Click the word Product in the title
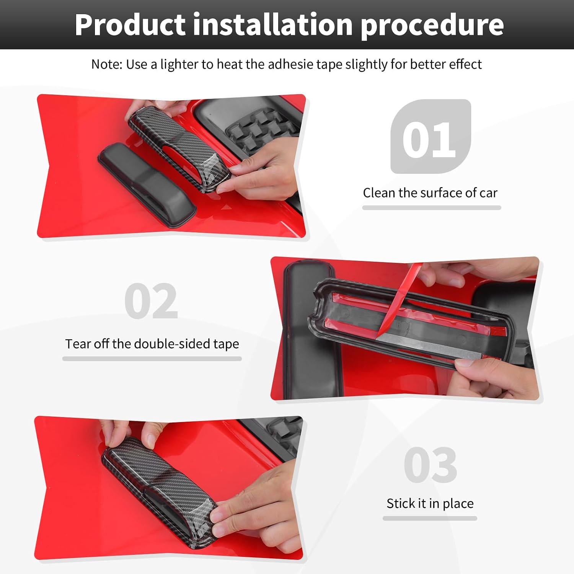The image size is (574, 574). [130, 25]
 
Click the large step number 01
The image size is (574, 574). [429, 140]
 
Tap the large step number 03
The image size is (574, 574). [430, 465]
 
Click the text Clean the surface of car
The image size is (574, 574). [430, 193]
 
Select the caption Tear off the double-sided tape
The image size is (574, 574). [152, 344]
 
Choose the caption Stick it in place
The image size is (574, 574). [430, 504]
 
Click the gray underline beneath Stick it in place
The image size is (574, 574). [430, 518]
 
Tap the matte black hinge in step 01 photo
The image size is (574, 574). [147, 184]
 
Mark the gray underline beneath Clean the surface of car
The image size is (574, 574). [432, 208]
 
